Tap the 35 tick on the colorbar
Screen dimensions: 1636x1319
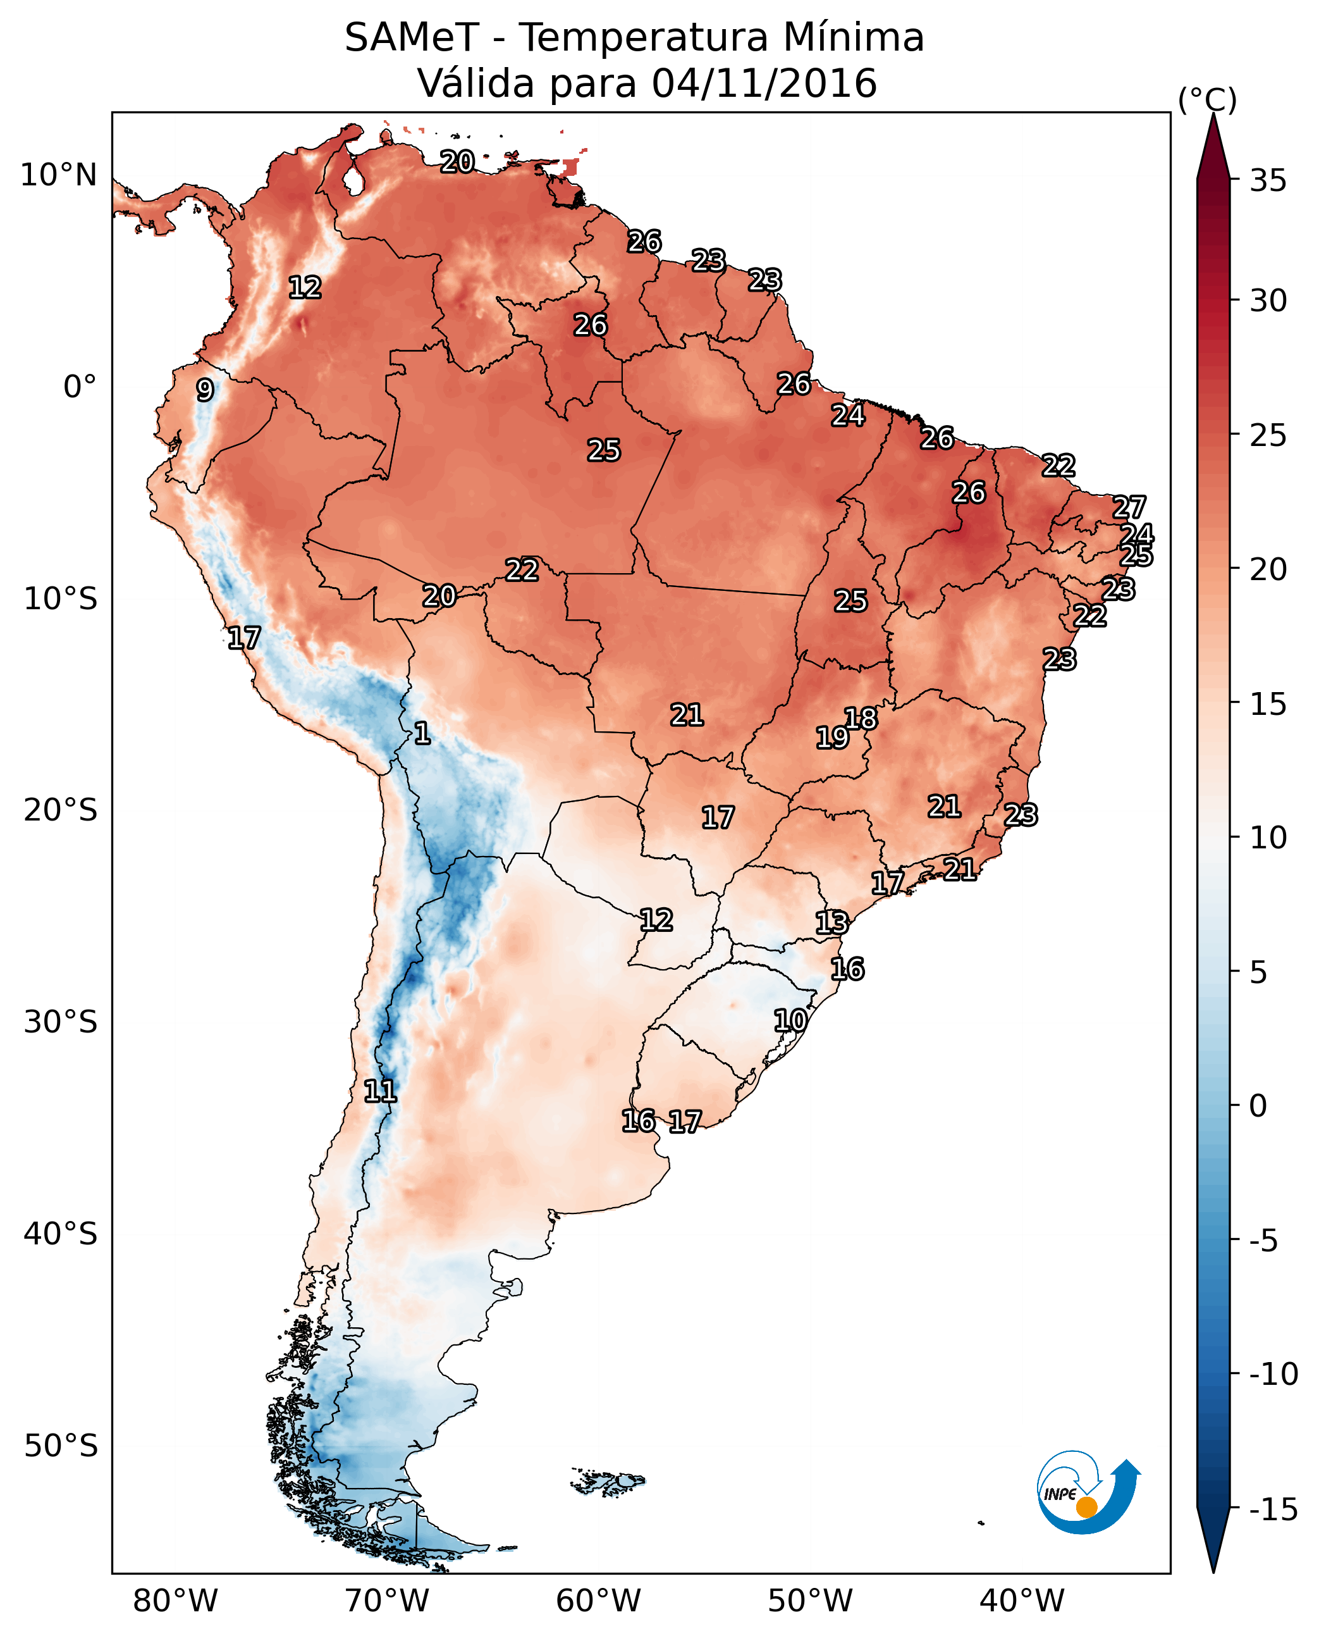(1268, 181)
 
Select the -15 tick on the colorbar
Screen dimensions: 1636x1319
(1273, 1509)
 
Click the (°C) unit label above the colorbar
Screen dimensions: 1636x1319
(1207, 99)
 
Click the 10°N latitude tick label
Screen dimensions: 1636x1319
(59, 176)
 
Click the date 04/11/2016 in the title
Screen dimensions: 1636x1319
(764, 83)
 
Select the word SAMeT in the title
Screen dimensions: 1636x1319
(412, 37)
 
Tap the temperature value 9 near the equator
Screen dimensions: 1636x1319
(205, 390)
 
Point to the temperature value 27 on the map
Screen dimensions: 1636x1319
(1129, 507)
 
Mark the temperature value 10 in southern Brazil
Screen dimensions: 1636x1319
(790, 1020)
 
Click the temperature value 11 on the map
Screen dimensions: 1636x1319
(380, 1092)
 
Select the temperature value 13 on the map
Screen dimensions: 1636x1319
(832, 922)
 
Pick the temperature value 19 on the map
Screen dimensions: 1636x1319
(832, 738)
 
